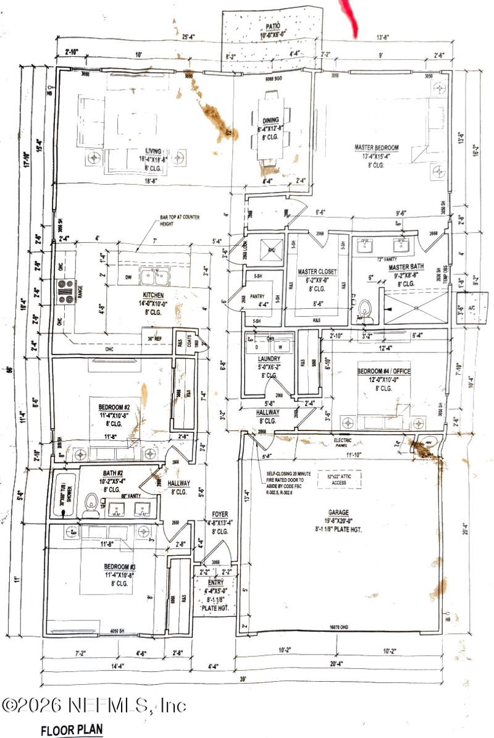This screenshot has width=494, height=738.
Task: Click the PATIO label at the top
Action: (272, 27)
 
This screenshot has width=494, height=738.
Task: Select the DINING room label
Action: (270, 120)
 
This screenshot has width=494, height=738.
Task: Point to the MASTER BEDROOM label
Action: (376, 148)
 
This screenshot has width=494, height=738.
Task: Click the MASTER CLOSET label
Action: (316, 272)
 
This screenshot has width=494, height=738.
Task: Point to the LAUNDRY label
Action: (269, 358)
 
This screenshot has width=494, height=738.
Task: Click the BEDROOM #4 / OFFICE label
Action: (383, 371)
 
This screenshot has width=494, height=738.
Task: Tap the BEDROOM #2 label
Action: (114, 408)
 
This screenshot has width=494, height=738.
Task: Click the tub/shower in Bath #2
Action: (64, 495)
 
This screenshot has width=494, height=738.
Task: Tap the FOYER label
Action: (220, 514)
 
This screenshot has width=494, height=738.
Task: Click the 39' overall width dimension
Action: (243, 679)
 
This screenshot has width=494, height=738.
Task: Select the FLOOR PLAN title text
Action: (72, 730)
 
